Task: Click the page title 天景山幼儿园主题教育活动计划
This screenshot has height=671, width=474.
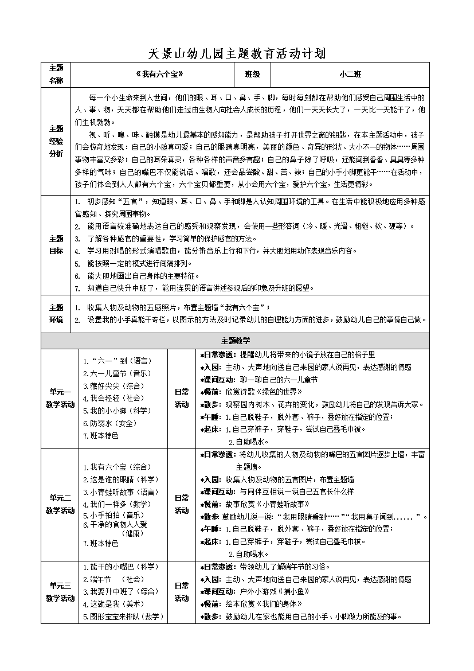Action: [237, 54]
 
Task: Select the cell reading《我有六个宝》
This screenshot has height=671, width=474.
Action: [155, 75]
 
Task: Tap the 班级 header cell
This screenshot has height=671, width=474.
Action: [252, 75]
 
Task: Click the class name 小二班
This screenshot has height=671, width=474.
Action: [350, 75]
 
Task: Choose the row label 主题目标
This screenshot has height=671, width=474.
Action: [56, 245]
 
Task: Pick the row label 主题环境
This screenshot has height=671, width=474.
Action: [56, 313]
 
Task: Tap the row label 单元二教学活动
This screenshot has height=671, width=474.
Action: [60, 504]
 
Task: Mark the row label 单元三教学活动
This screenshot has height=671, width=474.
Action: [60, 592]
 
